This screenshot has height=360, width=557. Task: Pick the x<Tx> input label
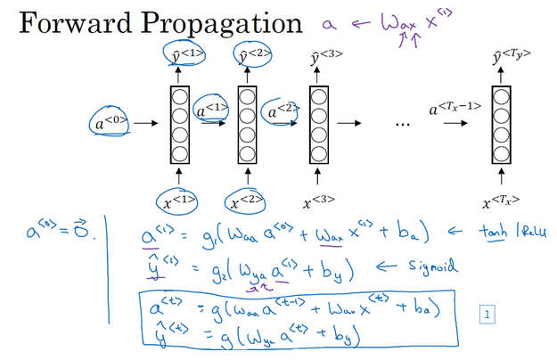(499, 200)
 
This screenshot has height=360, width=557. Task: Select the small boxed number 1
(487, 313)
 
